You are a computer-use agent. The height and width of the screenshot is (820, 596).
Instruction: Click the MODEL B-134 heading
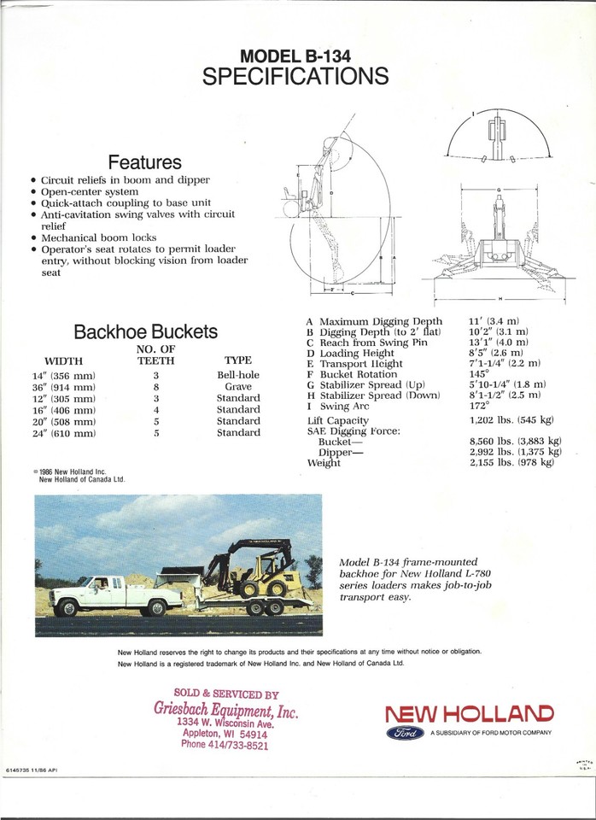295,56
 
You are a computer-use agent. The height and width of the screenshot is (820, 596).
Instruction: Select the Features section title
144,161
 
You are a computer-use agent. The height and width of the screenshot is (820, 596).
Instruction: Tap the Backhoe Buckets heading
145,331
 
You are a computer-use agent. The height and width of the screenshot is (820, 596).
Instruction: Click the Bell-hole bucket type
237,375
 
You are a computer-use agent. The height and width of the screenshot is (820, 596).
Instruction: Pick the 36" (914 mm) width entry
64,387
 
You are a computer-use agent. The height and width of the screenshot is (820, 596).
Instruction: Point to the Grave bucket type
237,387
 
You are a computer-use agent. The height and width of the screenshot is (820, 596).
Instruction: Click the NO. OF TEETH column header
155,354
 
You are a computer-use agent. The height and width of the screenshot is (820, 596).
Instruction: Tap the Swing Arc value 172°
481,405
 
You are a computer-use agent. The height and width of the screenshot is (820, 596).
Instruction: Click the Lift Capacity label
337,420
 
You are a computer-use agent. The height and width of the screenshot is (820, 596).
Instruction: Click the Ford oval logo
406,733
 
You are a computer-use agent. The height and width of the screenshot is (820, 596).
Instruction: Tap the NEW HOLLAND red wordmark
469,712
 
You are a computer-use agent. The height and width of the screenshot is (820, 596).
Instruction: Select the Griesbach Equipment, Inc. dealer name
225,709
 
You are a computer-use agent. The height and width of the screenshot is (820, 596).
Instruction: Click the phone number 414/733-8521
225,745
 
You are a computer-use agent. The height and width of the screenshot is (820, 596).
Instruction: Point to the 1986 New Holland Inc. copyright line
81,475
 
